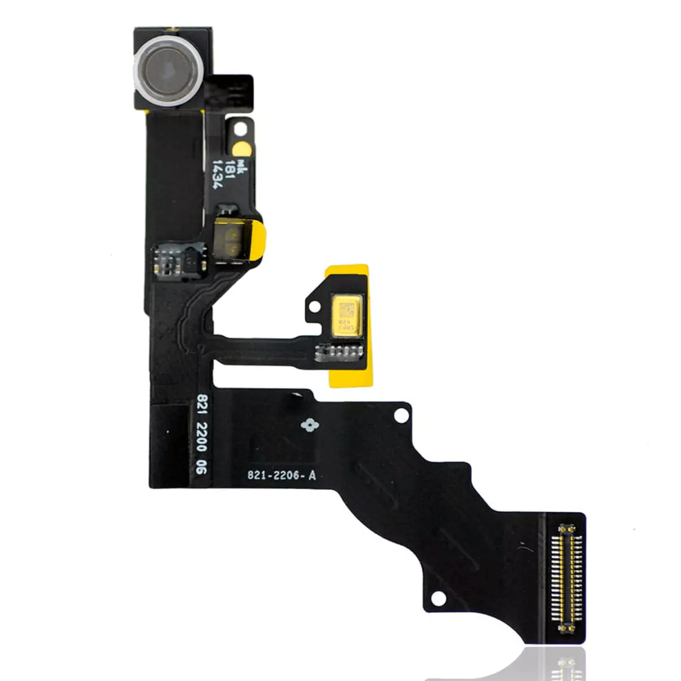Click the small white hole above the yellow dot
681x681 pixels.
click(x=241, y=128)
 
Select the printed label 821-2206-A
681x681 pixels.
click(x=282, y=476)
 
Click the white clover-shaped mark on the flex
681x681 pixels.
click(x=308, y=425)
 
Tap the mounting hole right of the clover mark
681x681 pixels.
click(x=401, y=416)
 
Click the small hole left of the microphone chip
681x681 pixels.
click(x=314, y=307)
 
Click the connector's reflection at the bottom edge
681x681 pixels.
click(x=564, y=666)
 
